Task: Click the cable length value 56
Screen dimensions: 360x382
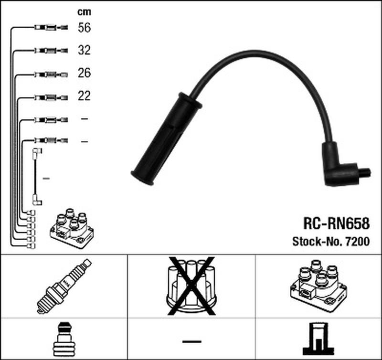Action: (x=84, y=28)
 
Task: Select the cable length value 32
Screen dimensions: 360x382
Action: (x=84, y=50)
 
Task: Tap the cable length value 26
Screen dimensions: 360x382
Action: (x=84, y=74)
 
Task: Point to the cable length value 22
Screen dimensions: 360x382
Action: (x=84, y=96)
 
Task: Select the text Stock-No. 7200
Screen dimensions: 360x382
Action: (x=330, y=242)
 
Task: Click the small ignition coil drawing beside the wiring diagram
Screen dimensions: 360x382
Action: (x=72, y=229)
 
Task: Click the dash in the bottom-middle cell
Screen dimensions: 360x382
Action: (x=191, y=341)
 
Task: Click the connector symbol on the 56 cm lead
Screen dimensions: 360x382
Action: (x=51, y=28)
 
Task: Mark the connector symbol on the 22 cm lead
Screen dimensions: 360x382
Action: (x=51, y=96)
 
